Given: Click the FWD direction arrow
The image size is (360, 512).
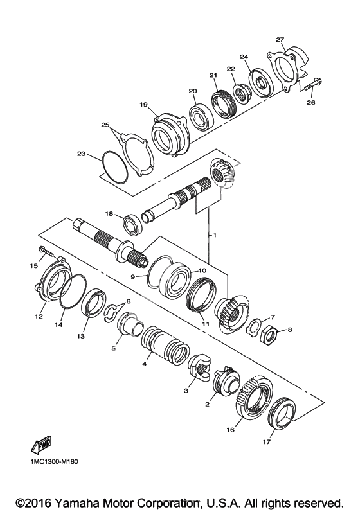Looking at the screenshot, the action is (x=42, y=445).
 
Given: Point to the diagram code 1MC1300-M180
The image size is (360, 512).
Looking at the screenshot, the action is (x=55, y=462).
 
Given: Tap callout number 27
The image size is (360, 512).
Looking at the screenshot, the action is (x=280, y=40).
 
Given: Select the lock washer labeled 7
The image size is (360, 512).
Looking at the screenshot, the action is (x=253, y=326).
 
